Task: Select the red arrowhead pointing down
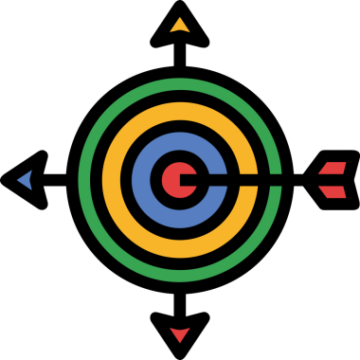[179, 333]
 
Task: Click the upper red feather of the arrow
[332, 169]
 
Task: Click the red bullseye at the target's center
[172, 177]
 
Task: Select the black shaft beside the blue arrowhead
[57, 177]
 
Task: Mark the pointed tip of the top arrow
[179, 6]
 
